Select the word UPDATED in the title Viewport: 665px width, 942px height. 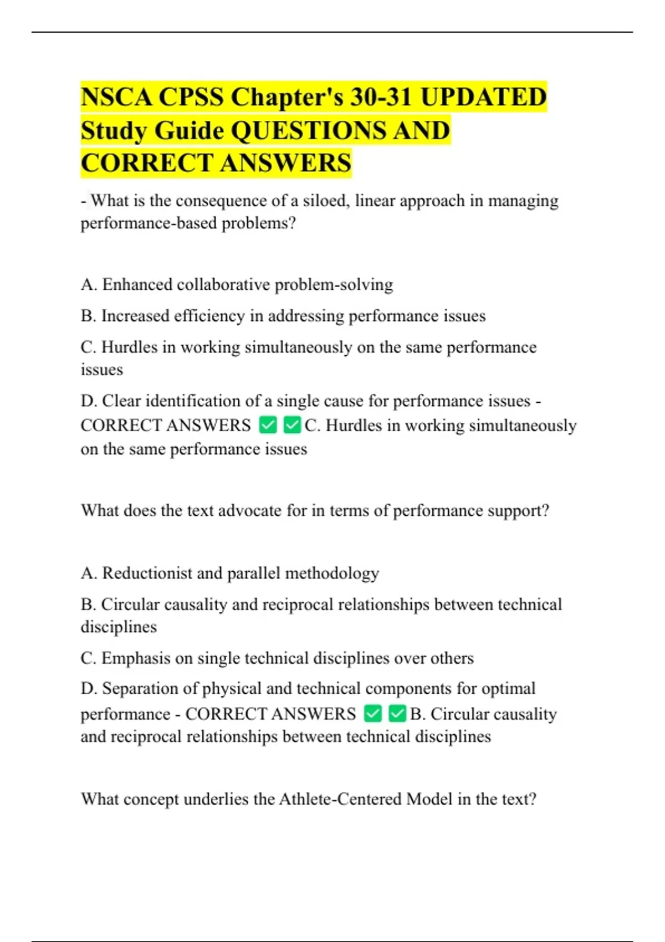[483, 97]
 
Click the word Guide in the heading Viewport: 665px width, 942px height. [189, 131]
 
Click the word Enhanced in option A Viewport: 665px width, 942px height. [137, 284]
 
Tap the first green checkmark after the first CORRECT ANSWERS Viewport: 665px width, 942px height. [268, 426]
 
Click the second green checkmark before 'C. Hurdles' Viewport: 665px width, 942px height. [291, 426]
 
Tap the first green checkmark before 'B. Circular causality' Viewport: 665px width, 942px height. [373, 714]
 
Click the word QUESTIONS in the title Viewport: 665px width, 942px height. [308, 131]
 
